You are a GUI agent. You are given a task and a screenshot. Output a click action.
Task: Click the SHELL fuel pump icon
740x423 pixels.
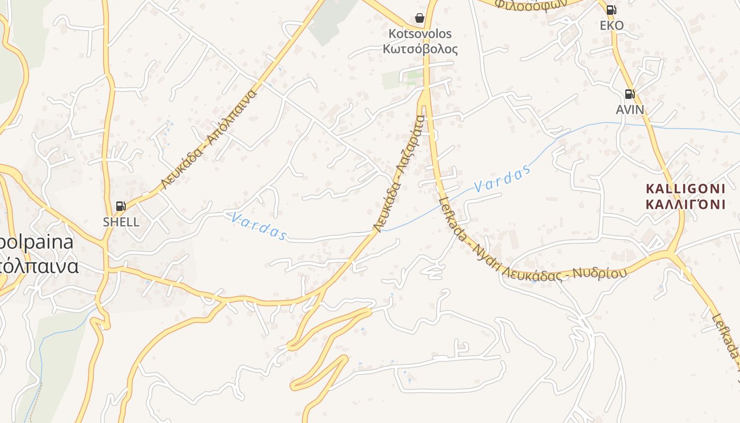[121, 206]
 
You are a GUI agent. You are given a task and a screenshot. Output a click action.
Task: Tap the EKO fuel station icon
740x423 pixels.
[611, 10]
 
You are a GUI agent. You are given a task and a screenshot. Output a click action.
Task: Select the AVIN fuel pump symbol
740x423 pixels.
[630, 94]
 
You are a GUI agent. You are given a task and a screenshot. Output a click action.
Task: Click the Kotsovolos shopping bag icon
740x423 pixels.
[420, 18]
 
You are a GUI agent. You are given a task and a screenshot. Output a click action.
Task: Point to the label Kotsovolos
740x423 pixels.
[420, 34]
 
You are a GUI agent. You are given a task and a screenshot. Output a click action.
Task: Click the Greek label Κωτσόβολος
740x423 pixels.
[420, 49]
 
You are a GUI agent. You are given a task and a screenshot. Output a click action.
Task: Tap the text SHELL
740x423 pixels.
[121, 222]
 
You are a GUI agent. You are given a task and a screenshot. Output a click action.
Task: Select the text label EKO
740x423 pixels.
[612, 25]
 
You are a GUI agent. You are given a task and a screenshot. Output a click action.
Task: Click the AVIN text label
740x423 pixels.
[630, 109]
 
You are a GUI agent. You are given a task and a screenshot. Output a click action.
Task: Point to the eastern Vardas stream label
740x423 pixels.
[502, 179]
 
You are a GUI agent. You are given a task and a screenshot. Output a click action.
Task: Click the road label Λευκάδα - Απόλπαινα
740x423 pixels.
[209, 140]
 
